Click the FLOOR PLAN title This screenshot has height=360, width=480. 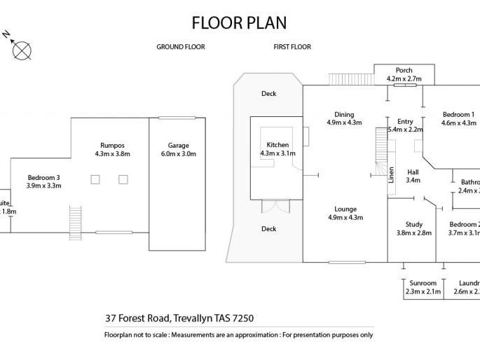[x=239, y=22]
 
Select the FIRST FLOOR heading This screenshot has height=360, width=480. [x=292, y=47]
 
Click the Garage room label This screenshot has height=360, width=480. [x=179, y=146]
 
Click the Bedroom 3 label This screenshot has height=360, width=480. [x=44, y=177]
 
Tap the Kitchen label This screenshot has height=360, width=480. [x=277, y=145]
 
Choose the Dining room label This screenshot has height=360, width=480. [x=344, y=115]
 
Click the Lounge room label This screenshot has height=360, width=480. [x=345, y=209]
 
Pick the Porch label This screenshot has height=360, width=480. [x=404, y=71]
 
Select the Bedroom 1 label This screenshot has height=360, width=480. [x=458, y=115]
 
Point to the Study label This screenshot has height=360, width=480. [x=414, y=225]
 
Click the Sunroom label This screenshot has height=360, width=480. [x=423, y=283]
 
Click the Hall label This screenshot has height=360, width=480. [x=413, y=172]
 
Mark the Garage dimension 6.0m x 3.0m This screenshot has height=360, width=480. [x=179, y=154]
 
